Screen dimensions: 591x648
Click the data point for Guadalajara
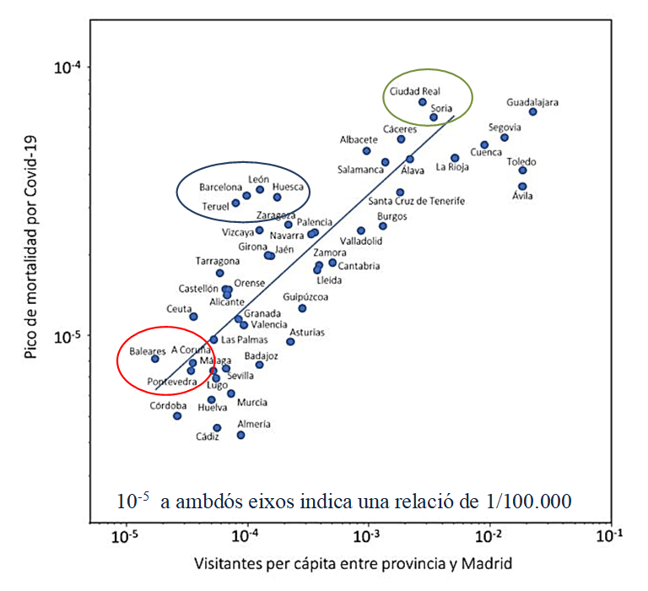coord(533,111)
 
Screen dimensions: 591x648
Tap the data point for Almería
coord(241,435)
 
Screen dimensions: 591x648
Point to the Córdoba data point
coord(177,415)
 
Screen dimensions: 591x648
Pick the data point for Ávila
coord(522,186)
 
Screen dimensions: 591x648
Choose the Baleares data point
coord(155,358)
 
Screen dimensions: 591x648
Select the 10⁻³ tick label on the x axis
coord(368,535)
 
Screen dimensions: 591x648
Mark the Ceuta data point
coord(193,317)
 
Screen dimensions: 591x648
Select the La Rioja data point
coord(455,158)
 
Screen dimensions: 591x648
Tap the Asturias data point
coord(290,341)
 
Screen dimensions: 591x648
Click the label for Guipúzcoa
coord(306,296)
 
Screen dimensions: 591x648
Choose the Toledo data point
coord(523,170)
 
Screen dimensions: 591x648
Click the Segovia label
coord(505,127)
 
